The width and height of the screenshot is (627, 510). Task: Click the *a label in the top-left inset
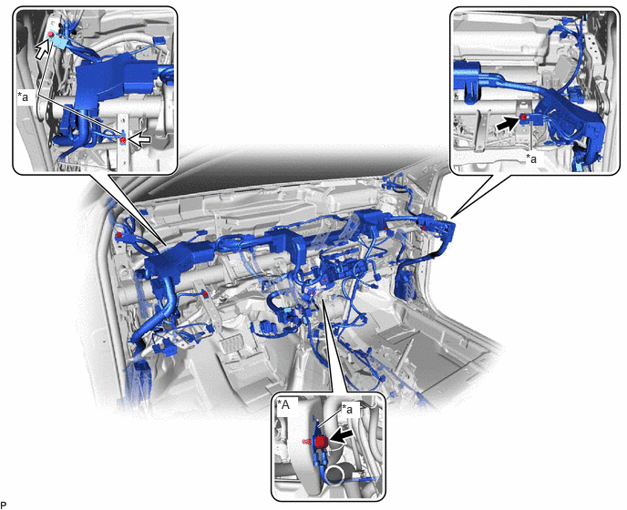click(24, 97)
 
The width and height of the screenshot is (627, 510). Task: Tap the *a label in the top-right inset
click(531, 158)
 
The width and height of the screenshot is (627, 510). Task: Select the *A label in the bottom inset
click(283, 405)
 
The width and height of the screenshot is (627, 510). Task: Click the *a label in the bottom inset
click(349, 409)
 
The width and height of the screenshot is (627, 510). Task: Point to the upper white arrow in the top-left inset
click(44, 46)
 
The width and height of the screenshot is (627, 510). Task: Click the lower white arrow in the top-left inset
click(140, 139)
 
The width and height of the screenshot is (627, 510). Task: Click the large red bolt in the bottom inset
click(321, 442)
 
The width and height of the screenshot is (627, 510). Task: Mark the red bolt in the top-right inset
click(522, 117)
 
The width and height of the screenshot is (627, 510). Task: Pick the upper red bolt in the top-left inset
click(51, 35)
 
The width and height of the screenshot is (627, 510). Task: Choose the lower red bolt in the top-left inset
click(123, 139)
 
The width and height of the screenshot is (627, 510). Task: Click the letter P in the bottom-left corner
click(4, 505)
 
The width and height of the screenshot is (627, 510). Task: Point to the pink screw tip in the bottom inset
click(306, 442)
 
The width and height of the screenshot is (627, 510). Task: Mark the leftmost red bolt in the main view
click(118, 235)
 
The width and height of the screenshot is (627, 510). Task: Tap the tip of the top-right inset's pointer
click(453, 218)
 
